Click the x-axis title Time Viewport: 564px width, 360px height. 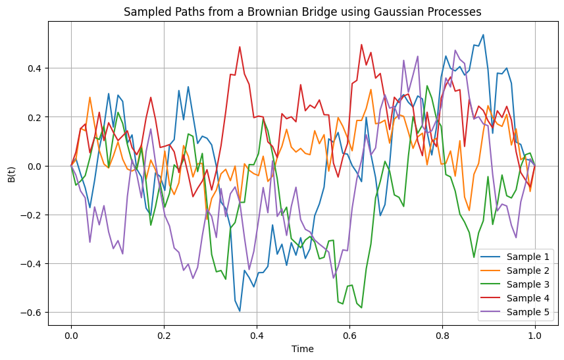point(303,349)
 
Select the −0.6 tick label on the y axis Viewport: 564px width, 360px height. point(31,313)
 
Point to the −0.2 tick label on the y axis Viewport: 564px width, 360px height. point(31,215)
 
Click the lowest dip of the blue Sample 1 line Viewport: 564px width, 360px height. point(240,311)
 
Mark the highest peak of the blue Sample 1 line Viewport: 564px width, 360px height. point(483,35)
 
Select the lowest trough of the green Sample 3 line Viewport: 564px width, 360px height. point(361,307)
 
